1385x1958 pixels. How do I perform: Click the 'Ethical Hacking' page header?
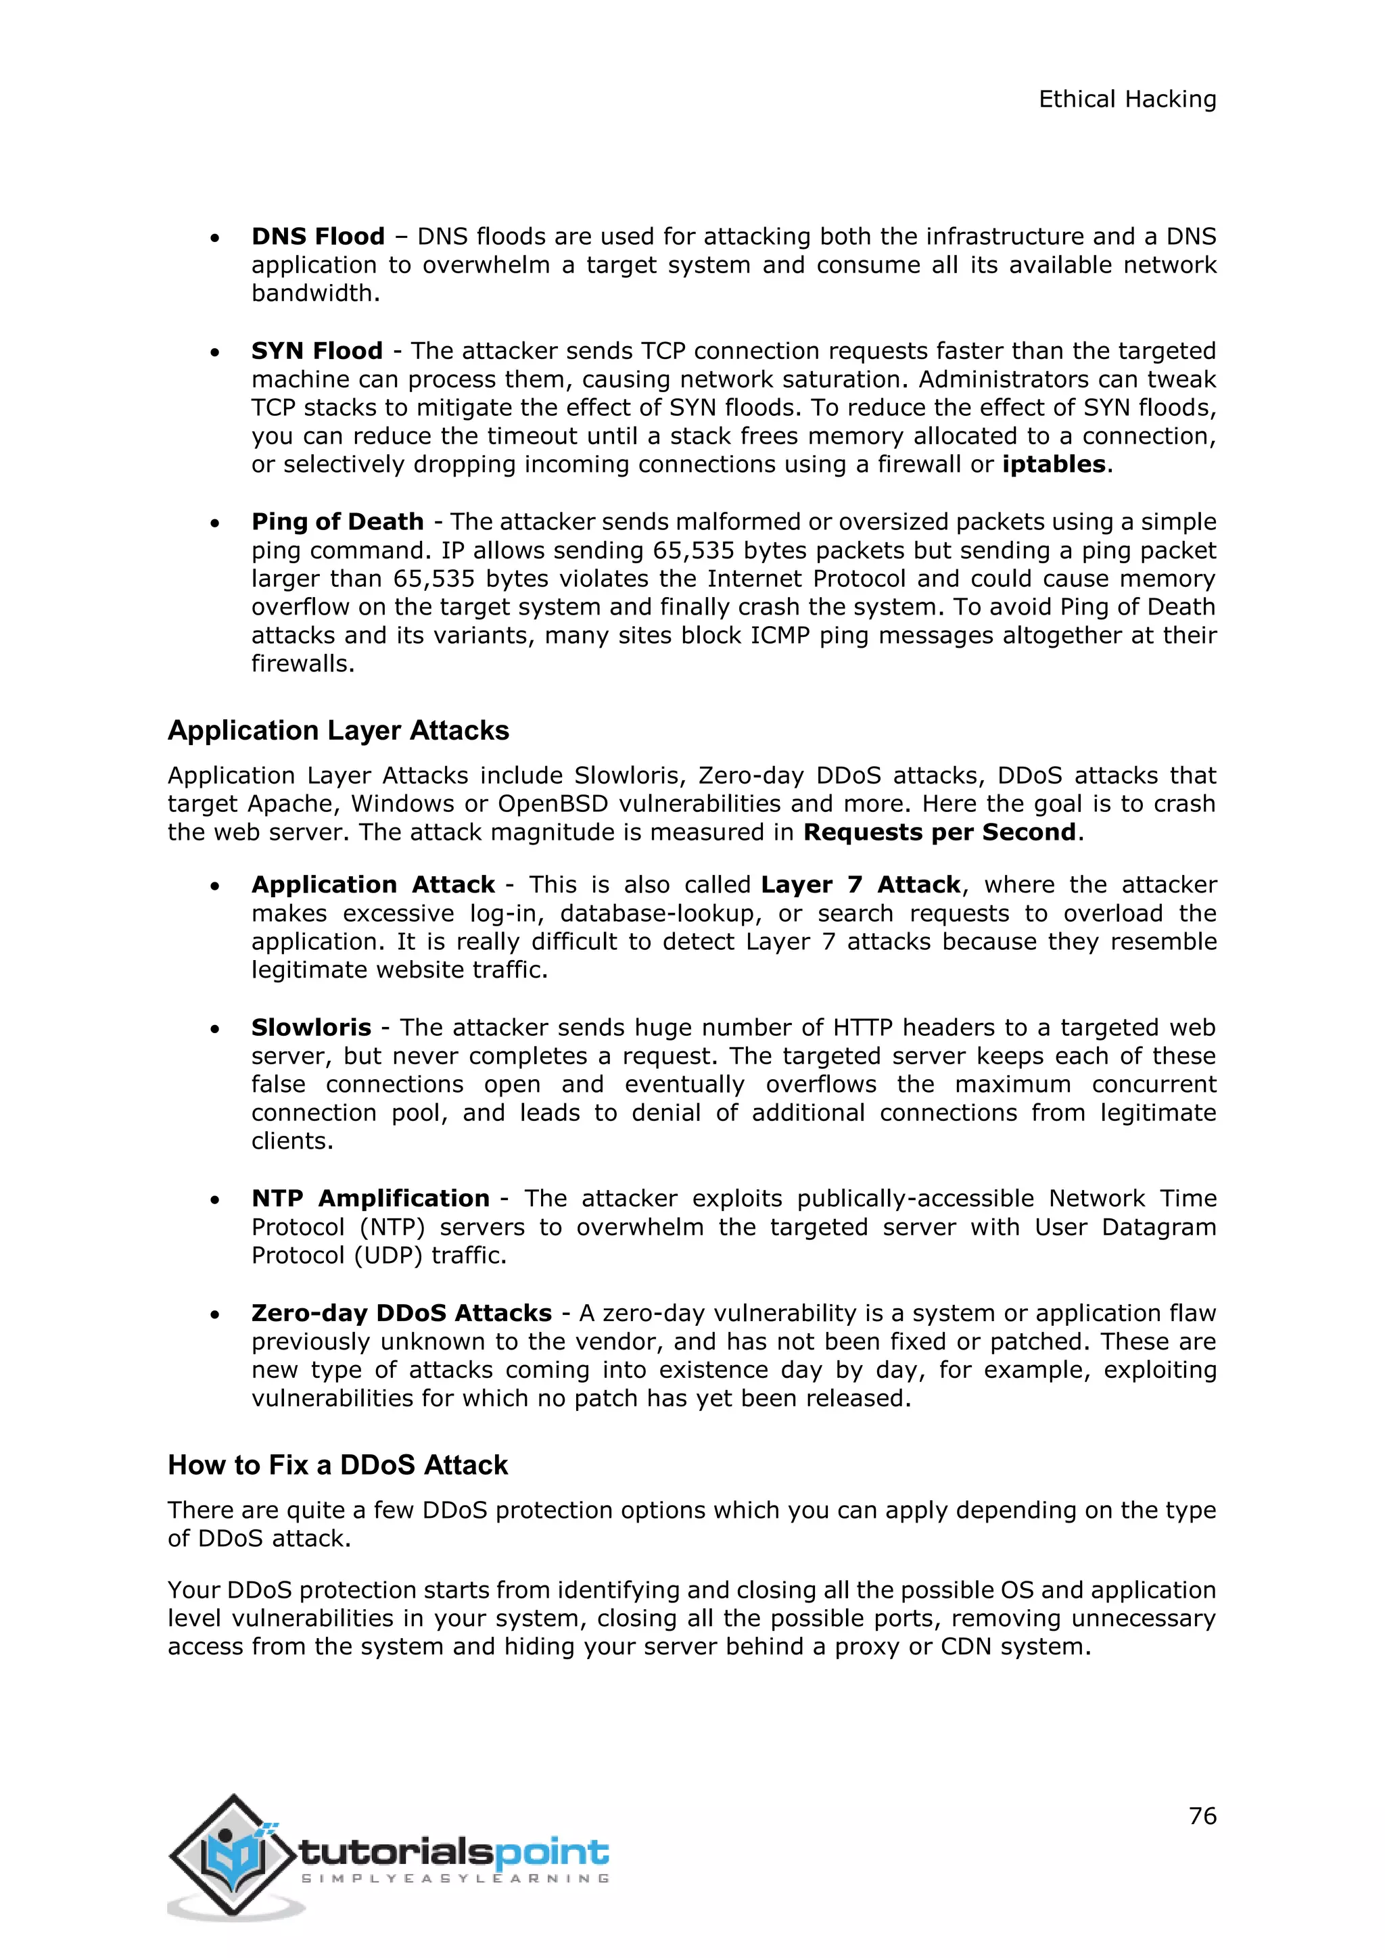1127,100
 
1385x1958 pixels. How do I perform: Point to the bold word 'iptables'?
1053,464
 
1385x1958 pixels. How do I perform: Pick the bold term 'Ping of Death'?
337,521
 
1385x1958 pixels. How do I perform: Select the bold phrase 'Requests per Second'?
939,832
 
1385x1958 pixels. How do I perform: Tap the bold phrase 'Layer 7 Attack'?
860,884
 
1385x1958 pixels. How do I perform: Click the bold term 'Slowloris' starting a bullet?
311,1028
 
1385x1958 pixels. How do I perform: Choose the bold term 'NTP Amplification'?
370,1198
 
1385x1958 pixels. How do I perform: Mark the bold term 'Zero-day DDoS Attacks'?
402,1312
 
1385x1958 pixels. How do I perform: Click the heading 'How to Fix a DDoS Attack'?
337,1464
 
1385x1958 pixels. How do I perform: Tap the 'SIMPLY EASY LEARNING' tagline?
455,1878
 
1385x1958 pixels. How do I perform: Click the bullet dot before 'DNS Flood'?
216,238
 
